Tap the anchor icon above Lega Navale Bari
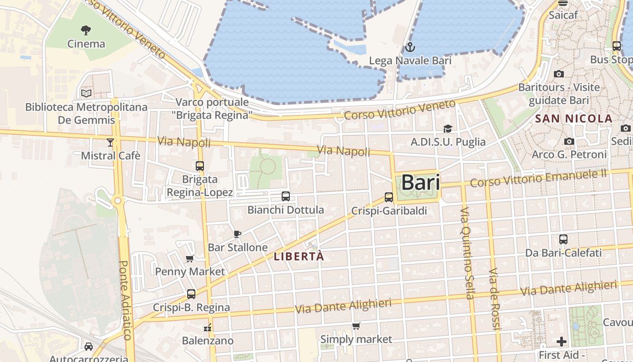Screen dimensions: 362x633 pyautogui.click(x=410, y=47)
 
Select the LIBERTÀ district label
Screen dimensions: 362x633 pyautogui.click(x=299, y=256)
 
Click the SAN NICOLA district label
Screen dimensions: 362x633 pyautogui.click(x=574, y=119)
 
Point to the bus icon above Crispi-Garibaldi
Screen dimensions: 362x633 pyautogui.click(x=389, y=197)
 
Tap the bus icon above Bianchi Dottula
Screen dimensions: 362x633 pyautogui.click(x=286, y=196)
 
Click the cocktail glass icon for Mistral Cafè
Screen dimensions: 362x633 pyautogui.click(x=110, y=143)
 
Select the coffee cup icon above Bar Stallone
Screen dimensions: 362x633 pyautogui.click(x=237, y=234)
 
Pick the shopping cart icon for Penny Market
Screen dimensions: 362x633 pyautogui.click(x=190, y=258)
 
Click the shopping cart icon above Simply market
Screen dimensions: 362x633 pyautogui.click(x=356, y=326)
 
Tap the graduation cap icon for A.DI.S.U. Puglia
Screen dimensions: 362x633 pyautogui.click(x=448, y=129)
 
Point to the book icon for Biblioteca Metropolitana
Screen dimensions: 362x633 pyautogui.click(x=86, y=94)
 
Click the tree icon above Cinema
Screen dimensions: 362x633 pyautogui.click(x=86, y=30)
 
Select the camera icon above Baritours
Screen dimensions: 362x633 pyautogui.click(x=559, y=74)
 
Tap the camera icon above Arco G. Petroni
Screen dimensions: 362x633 pyautogui.click(x=569, y=142)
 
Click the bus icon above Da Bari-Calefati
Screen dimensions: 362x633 pyautogui.click(x=563, y=239)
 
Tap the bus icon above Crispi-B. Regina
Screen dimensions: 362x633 pyautogui.click(x=191, y=294)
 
